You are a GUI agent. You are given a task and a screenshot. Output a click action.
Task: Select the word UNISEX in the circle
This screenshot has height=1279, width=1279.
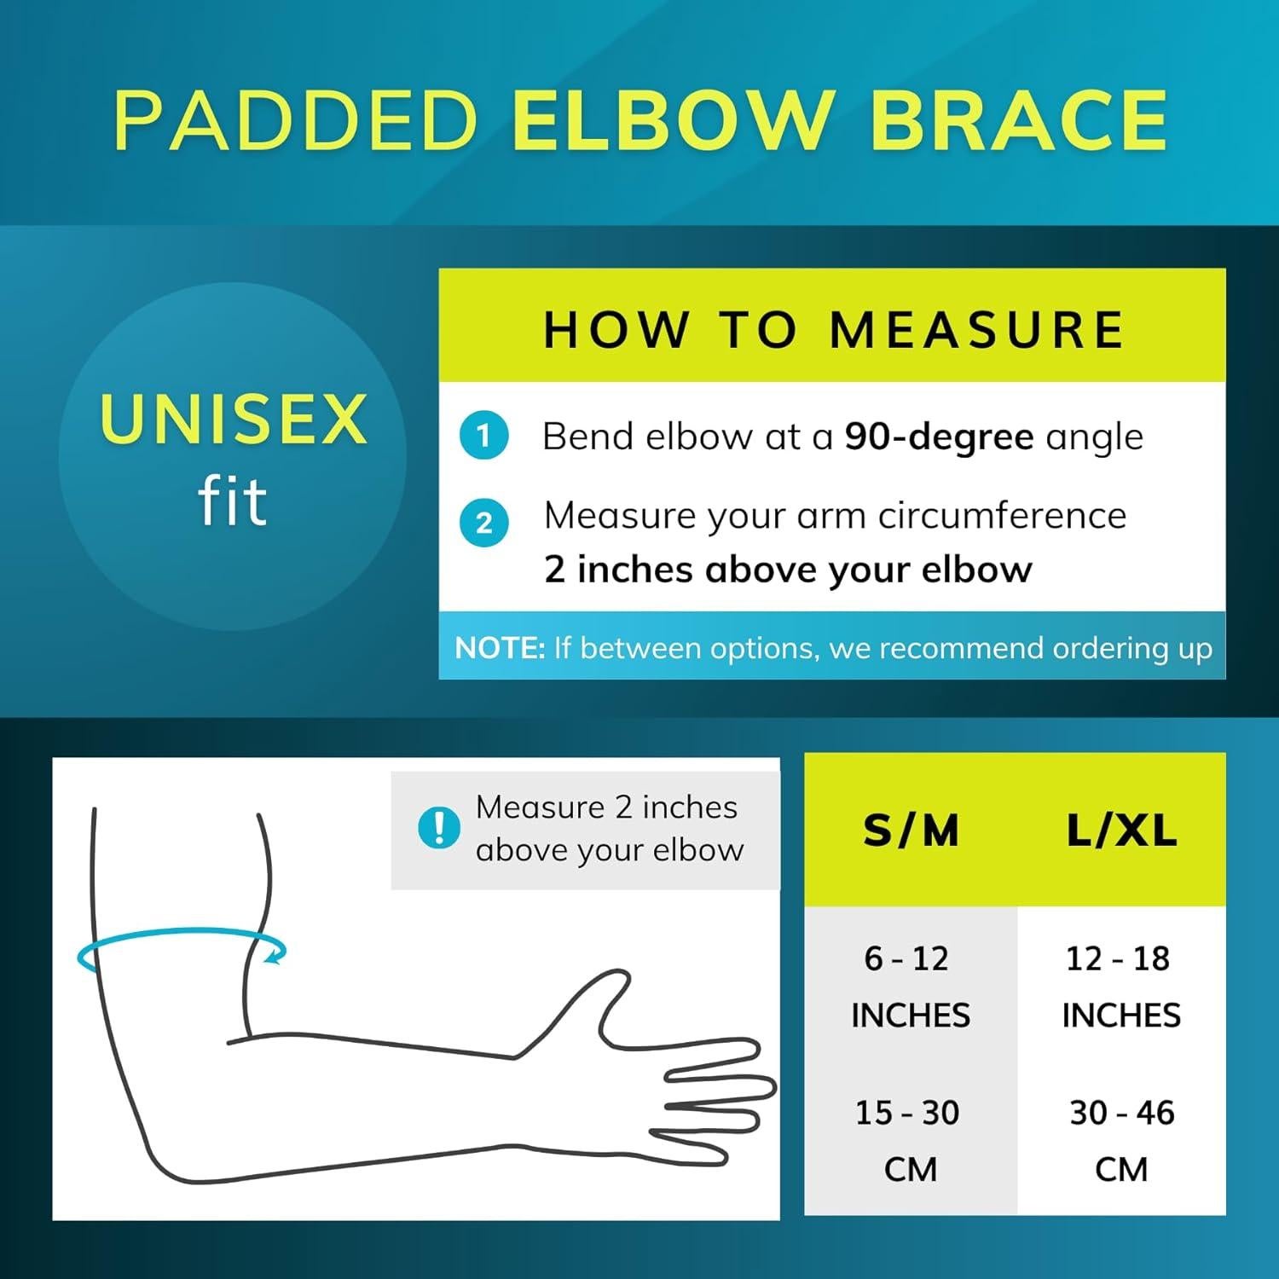pyautogui.click(x=233, y=420)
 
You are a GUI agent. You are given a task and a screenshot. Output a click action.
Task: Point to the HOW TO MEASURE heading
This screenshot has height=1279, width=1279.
pyautogui.click(x=833, y=329)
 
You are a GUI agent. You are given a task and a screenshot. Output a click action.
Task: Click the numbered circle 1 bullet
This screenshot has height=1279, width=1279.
pyautogui.click(x=483, y=437)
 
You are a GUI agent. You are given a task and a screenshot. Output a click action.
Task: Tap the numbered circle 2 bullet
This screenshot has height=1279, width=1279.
pyautogui.click(x=483, y=523)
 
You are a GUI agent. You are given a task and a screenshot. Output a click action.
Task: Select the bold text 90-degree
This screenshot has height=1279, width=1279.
pyautogui.click(x=939, y=437)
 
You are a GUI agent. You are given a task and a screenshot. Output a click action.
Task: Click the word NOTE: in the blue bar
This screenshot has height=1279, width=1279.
pyautogui.click(x=500, y=649)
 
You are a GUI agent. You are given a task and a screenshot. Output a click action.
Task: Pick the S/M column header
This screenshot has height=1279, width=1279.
pyautogui.click(x=911, y=830)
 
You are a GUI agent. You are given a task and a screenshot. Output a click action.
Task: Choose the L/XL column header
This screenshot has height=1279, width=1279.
pyautogui.click(x=1121, y=830)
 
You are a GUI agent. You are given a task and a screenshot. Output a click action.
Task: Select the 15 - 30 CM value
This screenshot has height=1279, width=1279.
pyautogui.click(x=909, y=1140)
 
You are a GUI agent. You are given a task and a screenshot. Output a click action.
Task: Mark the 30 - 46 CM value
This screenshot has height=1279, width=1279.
pyautogui.click(x=1121, y=1140)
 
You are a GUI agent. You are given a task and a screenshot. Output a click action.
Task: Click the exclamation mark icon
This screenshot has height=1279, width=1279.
pyautogui.click(x=439, y=827)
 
